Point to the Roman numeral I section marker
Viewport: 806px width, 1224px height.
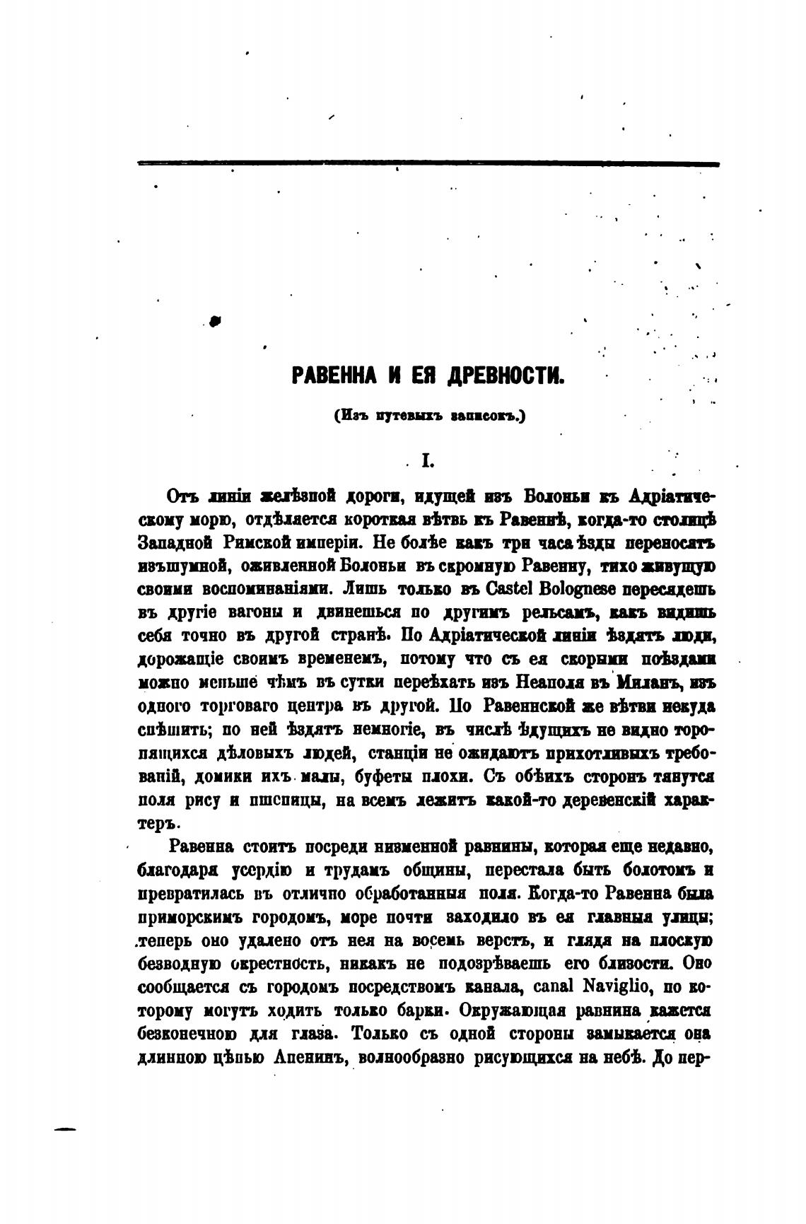[x=426, y=462]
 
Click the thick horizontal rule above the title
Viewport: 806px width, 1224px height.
[x=428, y=164]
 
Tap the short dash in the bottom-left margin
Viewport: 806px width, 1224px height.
[x=64, y=1129]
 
